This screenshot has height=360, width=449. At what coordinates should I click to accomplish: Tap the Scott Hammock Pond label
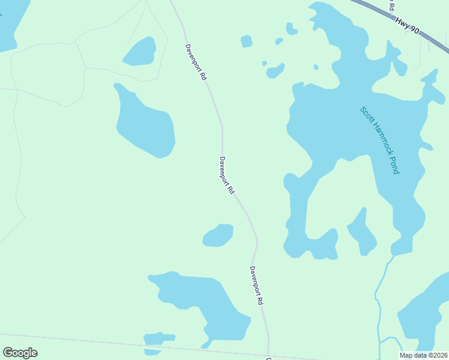[x=379, y=140]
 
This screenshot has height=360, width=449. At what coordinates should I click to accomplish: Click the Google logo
[x=20, y=353]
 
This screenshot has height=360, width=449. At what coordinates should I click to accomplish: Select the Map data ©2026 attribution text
[x=424, y=355]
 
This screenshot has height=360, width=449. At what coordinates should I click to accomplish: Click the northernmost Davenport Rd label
[x=196, y=62]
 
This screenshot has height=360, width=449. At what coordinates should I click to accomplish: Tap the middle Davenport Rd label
[x=226, y=175]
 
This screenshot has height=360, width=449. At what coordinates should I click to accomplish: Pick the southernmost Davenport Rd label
[x=257, y=286]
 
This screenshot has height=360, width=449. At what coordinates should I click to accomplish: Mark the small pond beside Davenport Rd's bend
[x=218, y=235]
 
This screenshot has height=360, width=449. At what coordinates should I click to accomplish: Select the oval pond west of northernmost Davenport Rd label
[x=140, y=52]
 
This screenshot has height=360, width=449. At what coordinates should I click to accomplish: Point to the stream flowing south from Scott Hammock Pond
[x=379, y=300]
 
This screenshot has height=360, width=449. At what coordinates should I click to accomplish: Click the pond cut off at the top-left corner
[x=11, y=21]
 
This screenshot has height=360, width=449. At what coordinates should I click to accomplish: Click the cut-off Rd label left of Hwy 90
[x=391, y=5]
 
